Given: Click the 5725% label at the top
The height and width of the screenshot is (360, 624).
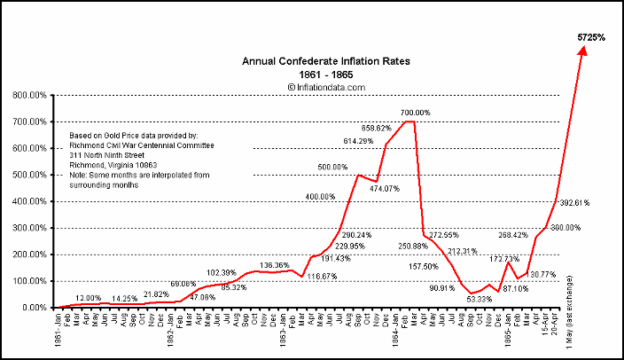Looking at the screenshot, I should tap(591, 38).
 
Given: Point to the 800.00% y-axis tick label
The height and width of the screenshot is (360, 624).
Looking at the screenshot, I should tap(30, 95).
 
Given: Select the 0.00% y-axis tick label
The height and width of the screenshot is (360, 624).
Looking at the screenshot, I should tap(34, 308).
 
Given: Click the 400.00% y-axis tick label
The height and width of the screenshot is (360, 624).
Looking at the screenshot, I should tap(30, 201).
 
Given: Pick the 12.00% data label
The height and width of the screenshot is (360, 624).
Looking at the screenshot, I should tap(89, 297).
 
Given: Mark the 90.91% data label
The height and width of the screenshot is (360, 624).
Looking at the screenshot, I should tap(442, 288).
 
